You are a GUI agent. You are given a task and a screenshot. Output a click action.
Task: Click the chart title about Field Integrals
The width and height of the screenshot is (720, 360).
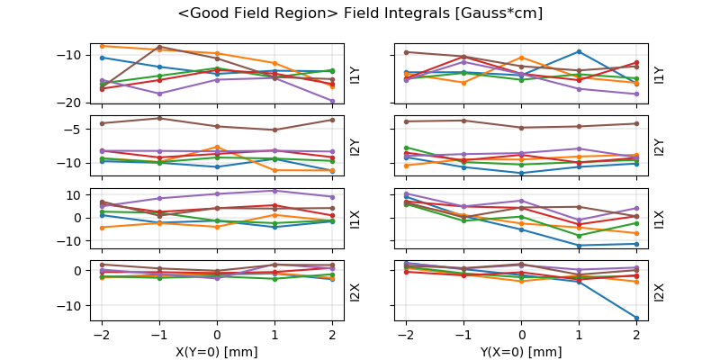tap(360, 14)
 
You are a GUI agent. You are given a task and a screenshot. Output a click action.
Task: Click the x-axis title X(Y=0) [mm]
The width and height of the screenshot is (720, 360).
tap(217, 352)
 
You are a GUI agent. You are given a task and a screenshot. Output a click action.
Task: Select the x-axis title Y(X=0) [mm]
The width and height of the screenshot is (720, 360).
tap(521, 352)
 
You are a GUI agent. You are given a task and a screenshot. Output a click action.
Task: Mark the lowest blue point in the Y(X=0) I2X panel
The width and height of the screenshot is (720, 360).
tap(636, 318)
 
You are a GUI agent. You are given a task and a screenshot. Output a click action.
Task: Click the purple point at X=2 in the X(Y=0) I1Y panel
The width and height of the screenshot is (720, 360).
tap(332, 101)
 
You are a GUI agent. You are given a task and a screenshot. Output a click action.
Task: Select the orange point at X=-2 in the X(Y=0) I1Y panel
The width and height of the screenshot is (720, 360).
tap(102, 46)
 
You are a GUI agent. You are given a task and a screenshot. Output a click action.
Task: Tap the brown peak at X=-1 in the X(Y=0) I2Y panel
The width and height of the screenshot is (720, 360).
tap(159, 118)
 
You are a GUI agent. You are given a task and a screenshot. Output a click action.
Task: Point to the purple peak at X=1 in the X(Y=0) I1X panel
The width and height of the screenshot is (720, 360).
tap(274, 190)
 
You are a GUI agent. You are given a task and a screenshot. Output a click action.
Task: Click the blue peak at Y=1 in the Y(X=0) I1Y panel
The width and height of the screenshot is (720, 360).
tap(579, 51)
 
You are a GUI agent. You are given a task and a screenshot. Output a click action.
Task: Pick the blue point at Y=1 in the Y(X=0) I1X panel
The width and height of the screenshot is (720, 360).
tap(579, 245)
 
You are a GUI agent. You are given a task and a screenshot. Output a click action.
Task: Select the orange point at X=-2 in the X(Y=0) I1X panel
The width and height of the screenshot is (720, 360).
tap(102, 228)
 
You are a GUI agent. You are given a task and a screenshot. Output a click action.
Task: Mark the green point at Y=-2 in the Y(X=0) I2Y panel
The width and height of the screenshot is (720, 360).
tap(406, 148)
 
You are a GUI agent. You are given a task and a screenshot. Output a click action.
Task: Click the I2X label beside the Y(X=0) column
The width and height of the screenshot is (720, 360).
tap(659, 292)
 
